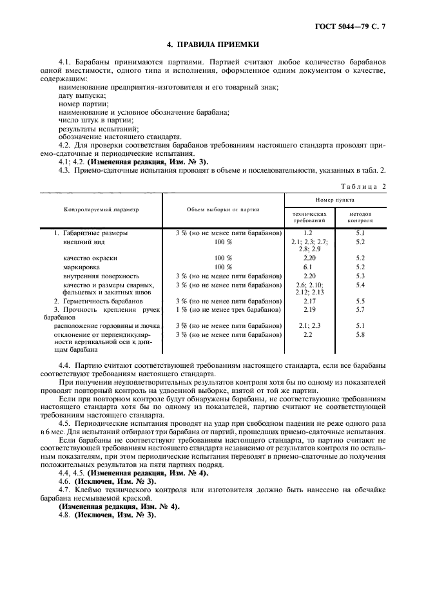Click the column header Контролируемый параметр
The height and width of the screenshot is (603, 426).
tap(101, 209)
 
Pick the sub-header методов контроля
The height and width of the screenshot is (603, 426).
tap(360, 216)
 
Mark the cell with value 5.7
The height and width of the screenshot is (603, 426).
tap(360, 309)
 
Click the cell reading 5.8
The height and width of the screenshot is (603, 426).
tap(360, 334)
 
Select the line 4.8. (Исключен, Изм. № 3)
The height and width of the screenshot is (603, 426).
tap(107, 515)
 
